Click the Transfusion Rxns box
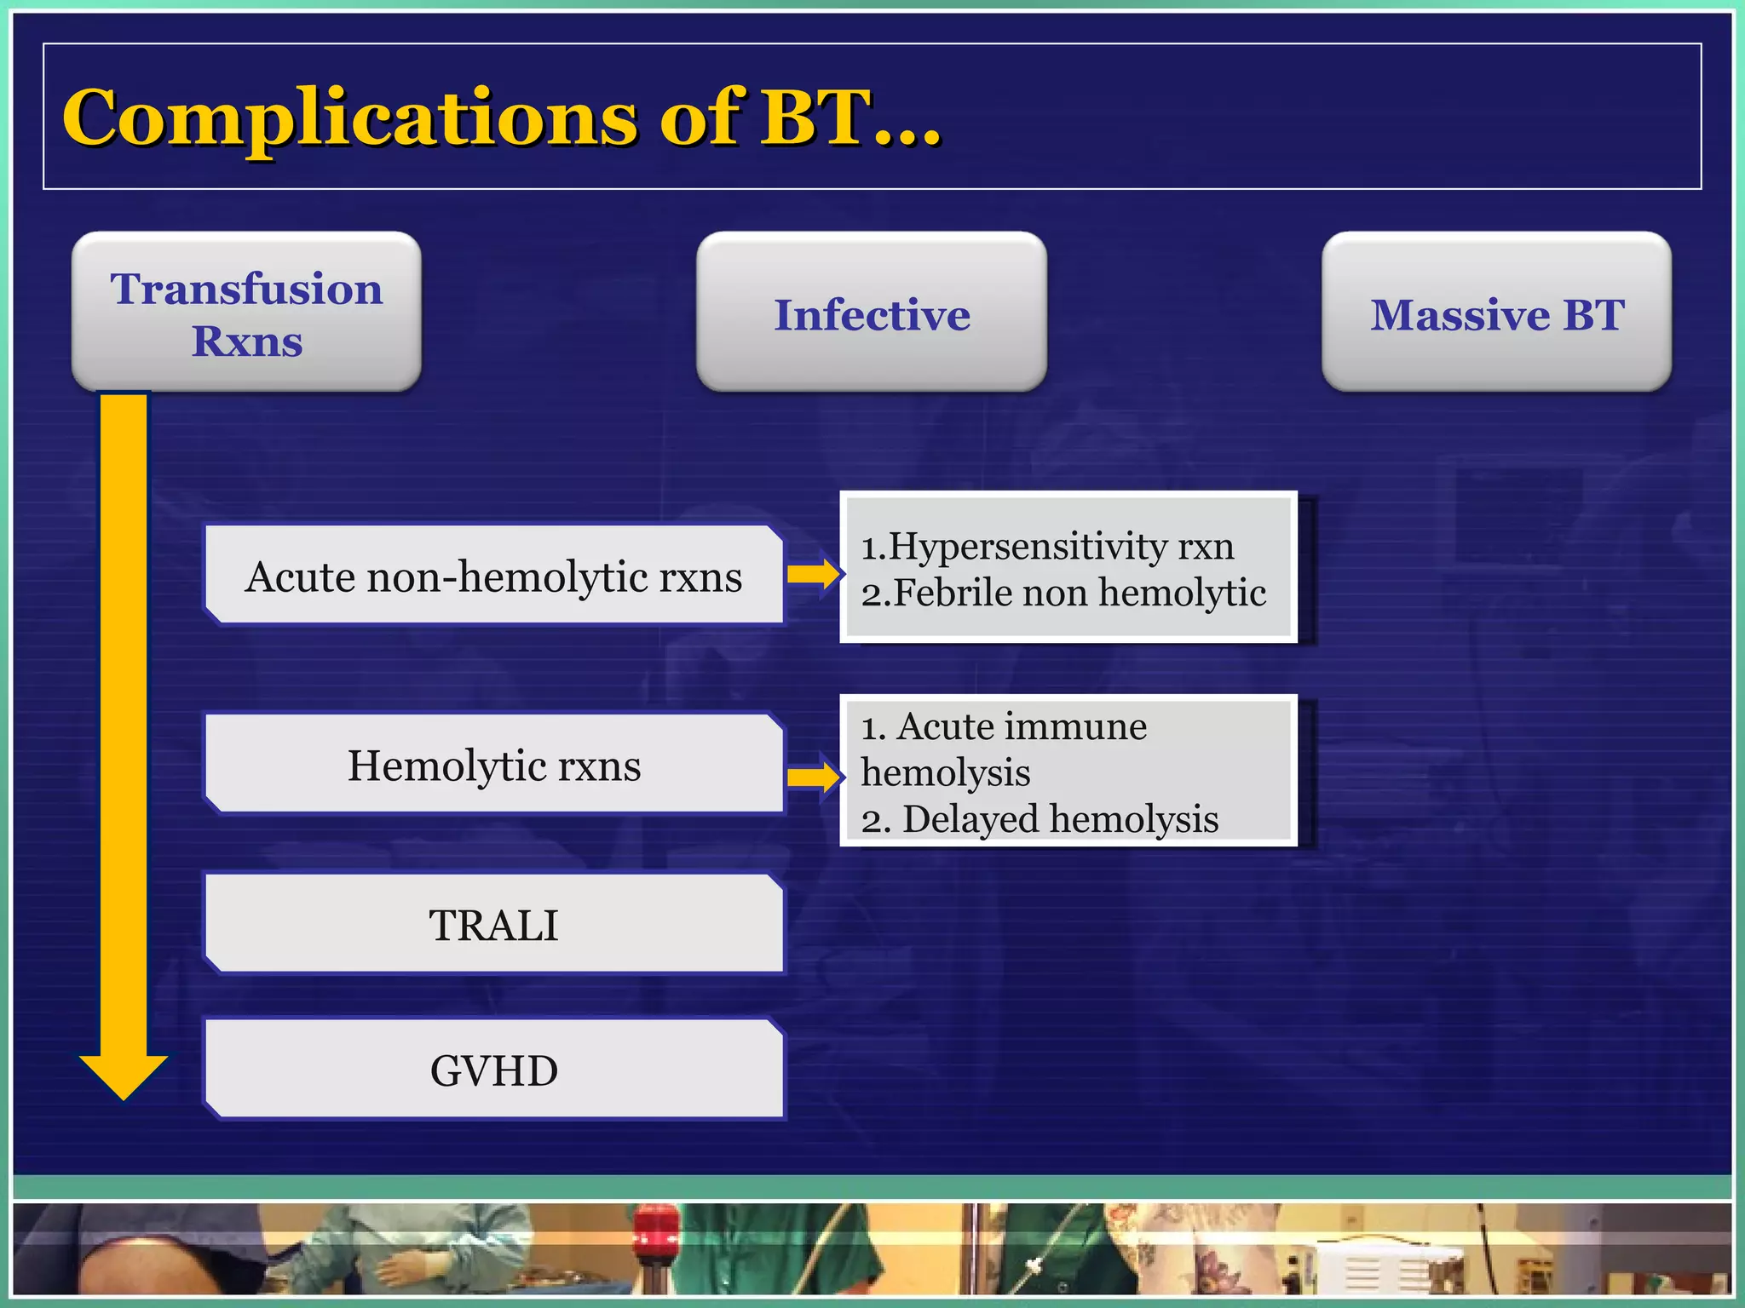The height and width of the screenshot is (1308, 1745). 246,312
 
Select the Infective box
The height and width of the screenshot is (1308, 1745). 871,312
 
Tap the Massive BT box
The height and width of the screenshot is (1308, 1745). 1496,312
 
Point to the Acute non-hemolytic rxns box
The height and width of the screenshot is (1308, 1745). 493,576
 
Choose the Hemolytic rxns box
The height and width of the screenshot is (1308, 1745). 493,765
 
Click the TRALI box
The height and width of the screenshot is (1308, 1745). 493,924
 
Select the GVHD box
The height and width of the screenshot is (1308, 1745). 493,1070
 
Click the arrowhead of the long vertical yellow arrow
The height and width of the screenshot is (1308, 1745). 124,1075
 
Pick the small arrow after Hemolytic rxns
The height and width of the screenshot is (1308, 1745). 814,776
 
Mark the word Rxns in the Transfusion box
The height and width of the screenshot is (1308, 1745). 246,341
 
